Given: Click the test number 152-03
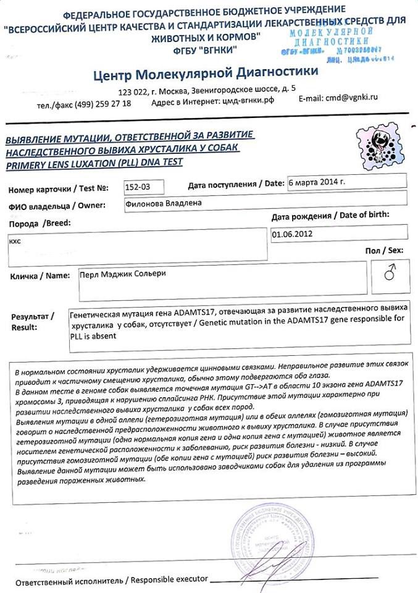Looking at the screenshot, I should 137,187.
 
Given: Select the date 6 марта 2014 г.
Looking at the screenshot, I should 317,183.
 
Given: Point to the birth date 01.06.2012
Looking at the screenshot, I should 291,234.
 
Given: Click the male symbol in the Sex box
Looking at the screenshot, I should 389,274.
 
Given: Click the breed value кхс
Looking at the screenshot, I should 15,241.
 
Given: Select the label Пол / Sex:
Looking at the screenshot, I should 387,250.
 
